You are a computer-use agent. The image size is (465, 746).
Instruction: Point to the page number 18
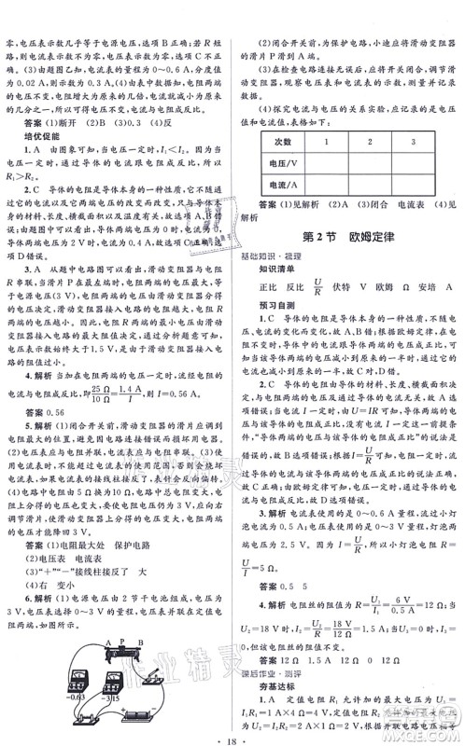pyautogui.click(x=232, y=734)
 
